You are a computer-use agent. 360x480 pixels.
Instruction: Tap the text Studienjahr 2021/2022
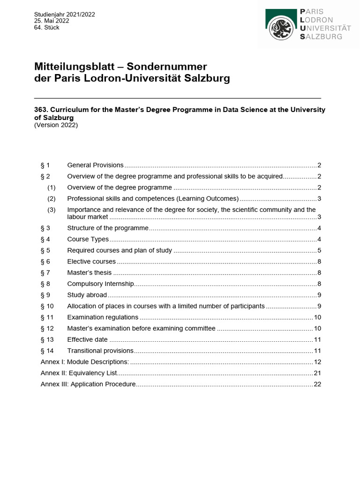(x=65, y=15)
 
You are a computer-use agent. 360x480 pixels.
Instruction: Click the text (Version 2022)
(x=56, y=125)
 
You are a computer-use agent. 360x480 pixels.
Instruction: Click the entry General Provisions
(x=96, y=165)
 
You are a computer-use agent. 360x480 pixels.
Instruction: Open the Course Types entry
(x=88, y=239)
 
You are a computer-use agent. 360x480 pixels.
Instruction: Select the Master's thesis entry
(x=90, y=272)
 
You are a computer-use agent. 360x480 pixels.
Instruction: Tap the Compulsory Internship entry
(x=101, y=284)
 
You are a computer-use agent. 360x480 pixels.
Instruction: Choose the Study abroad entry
(x=87, y=295)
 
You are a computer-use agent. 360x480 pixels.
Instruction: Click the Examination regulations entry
(x=103, y=317)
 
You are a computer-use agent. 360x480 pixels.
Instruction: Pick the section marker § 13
(x=47, y=339)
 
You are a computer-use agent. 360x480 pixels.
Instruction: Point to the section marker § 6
(x=45, y=262)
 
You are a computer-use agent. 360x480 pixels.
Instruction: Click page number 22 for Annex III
(x=317, y=384)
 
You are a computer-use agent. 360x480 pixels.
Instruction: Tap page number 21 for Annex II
(x=317, y=373)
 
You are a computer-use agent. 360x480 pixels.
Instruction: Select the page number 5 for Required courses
(x=319, y=250)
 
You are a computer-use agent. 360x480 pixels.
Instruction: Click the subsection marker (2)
(x=52, y=198)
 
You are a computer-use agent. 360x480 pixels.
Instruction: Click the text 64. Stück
(x=47, y=28)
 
